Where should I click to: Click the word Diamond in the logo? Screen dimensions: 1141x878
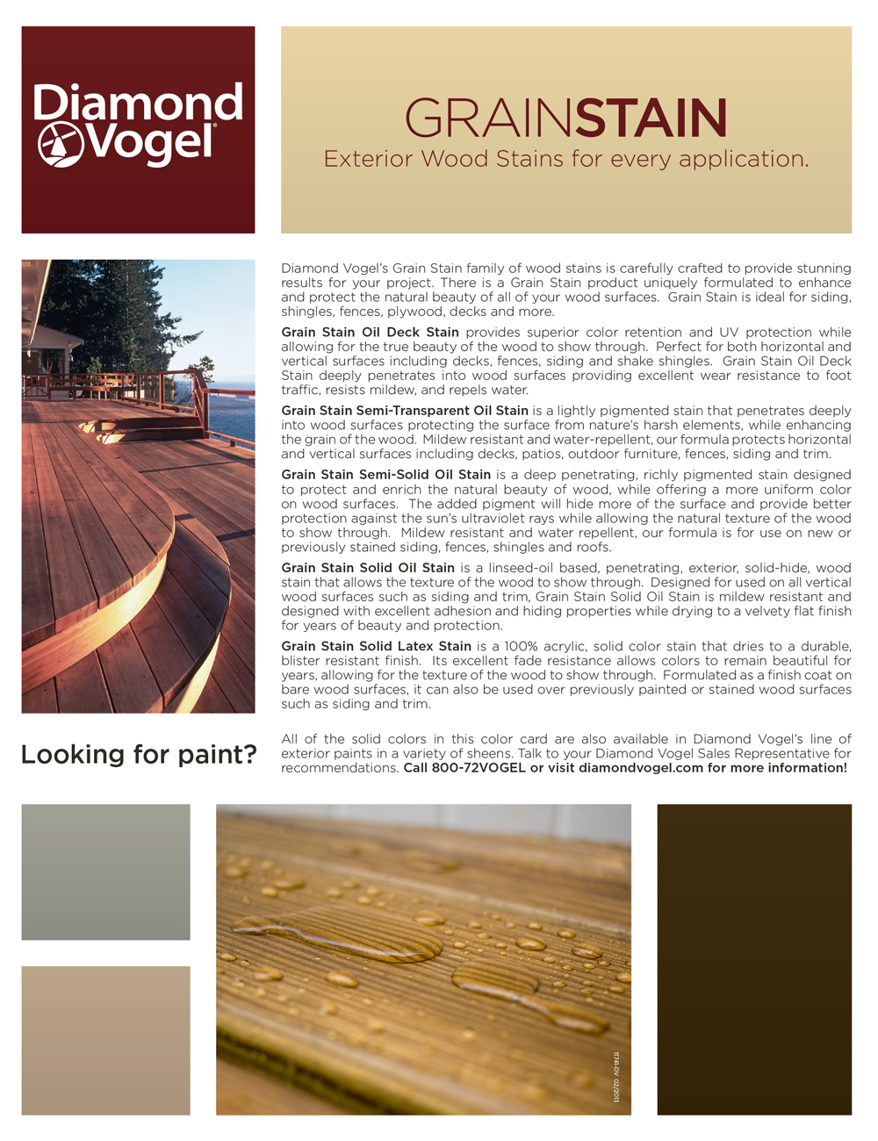tap(138, 103)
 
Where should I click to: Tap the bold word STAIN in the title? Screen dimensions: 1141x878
tap(651, 118)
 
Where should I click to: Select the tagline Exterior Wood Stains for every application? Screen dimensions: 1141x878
tap(566, 159)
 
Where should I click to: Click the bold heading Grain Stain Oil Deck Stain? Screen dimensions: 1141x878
tap(370, 333)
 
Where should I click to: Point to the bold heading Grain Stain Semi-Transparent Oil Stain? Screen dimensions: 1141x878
tap(405, 411)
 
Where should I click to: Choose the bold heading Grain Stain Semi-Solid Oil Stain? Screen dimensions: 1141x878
tap(385, 475)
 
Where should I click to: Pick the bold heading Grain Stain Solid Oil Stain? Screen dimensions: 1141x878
tap(368, 568)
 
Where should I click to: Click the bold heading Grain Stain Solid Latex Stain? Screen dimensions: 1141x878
tap(376, 647)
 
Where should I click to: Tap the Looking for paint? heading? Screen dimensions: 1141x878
tap(139, 754)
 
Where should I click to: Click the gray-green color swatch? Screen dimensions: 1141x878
tap(105, 872)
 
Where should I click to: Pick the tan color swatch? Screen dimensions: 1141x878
tap(105, 1040)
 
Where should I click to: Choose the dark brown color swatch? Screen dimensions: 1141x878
tap(754, 959)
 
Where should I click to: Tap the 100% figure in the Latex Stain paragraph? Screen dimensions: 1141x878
tap(522, 647)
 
